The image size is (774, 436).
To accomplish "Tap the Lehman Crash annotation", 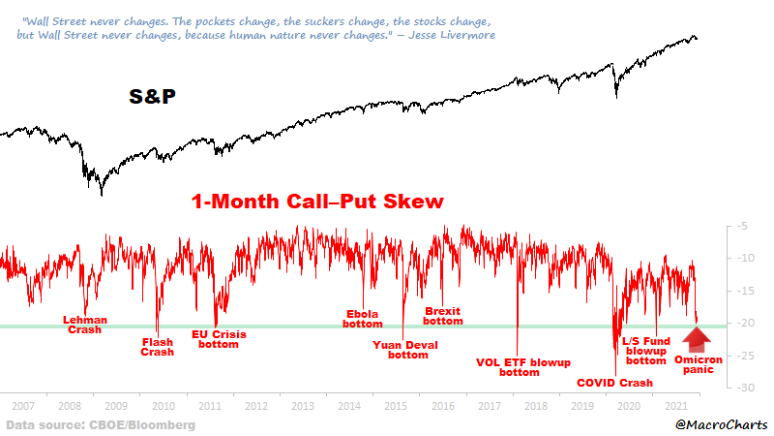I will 84,324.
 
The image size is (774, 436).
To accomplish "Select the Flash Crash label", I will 158,346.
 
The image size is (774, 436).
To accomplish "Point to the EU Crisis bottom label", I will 218,339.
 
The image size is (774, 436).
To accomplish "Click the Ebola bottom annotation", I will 363,319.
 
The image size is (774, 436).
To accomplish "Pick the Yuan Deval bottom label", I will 401,349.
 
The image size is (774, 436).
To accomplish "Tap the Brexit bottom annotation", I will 444,316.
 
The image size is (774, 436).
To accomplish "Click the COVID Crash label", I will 615,383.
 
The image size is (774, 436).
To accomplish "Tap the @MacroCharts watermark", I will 720,424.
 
